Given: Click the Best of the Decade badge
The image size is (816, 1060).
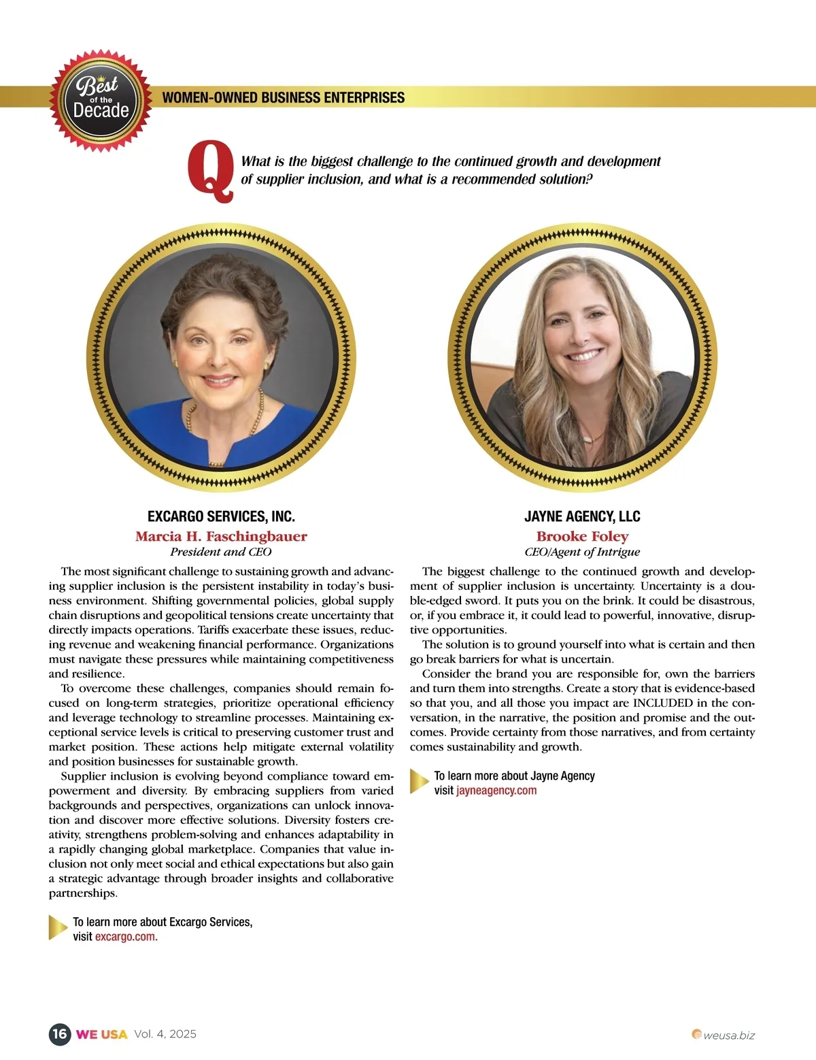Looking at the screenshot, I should (101, 101).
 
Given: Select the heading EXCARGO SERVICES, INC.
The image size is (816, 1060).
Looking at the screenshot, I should (221, 516).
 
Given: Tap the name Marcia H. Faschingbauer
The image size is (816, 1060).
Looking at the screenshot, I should (221, 536).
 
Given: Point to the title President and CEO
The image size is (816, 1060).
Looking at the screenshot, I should (221, 552).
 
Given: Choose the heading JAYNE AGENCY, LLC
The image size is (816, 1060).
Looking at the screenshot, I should (582, 516).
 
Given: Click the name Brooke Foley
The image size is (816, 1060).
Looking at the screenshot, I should (582, 536).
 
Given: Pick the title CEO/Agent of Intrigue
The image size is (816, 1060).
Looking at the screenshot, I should (582, 552).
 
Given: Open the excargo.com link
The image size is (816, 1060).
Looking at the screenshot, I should (125, 937).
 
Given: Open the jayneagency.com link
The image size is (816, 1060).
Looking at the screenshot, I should (496, 791).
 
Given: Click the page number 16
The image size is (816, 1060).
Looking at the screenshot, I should (60, 1034).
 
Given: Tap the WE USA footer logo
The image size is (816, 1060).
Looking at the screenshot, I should (102, 1034).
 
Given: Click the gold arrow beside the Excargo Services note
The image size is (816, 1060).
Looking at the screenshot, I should (58, 928).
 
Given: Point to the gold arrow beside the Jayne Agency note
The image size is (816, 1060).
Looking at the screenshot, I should (419, 782).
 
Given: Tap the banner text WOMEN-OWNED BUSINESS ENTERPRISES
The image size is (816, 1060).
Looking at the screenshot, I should (283, 97).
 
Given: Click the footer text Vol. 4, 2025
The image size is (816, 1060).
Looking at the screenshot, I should (165, 1034).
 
